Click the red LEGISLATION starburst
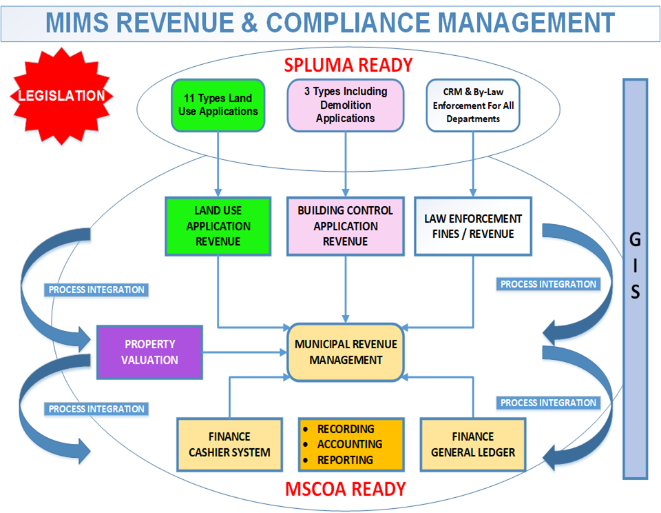[x=63, y=96]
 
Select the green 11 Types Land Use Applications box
[x=218, y=105]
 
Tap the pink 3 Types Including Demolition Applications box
[x=345, y=105]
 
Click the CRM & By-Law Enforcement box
[x=473, y=105]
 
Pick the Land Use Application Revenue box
[x=218, y=226]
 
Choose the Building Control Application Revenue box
[x=345, y=226]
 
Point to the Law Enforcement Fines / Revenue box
[x=473, y=226]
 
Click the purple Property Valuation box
[x=150, y=352]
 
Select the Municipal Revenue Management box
[x=345, y=352]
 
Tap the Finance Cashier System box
[x=229, y=445]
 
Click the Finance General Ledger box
[x=473, y=445]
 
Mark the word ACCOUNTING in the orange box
[x=350, y=445]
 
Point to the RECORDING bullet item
[x=346, y=429]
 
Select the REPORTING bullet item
[x=345, y=460]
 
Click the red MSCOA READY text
[x=345, y=489]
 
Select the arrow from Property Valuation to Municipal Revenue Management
[x=245, y=352]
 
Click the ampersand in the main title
[x=249, y=23]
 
